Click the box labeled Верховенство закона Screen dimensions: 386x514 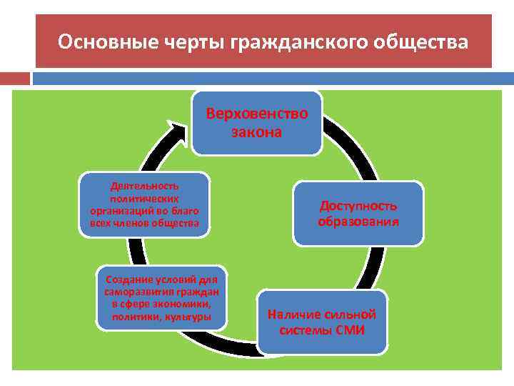[256, 122]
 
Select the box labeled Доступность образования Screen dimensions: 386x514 [358, 214]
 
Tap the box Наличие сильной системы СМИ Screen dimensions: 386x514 [322, 322]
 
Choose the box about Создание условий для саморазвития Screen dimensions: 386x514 [161, 297]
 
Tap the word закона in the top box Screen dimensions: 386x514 [256, 132]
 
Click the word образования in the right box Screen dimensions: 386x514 [358, 222]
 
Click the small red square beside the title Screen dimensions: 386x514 [14, 78]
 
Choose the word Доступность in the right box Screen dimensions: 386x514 [358, 206]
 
